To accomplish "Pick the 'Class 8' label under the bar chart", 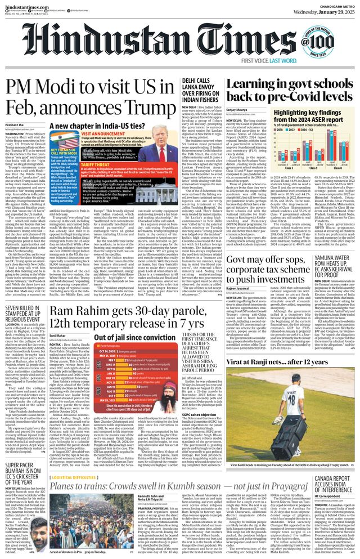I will pyautogui.click(x=329, y=168).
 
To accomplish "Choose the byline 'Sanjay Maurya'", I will pyautogui.click(x=237, y=110).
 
